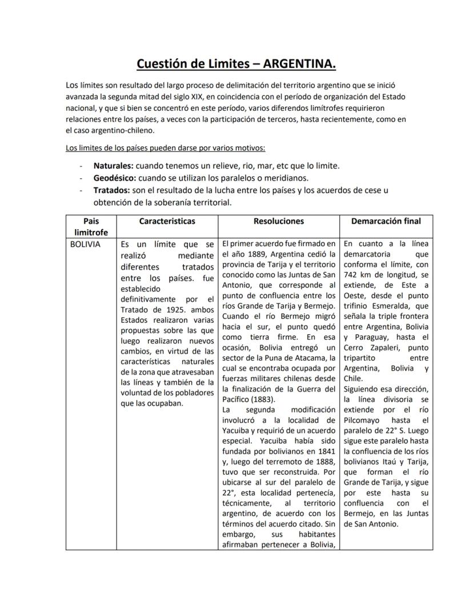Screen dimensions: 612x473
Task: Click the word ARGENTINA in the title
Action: click(x=300, y=63)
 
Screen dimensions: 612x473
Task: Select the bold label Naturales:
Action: click(x=114, y=166)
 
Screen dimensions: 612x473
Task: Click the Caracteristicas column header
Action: click(x=167, y=221)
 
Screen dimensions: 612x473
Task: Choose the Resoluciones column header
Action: click(x=279, y=221)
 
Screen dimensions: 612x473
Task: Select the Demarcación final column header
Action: click(x=386, y=221)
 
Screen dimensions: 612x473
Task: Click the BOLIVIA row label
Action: click(x=85, y=244)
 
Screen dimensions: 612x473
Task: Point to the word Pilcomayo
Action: click(x=365, y=420)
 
